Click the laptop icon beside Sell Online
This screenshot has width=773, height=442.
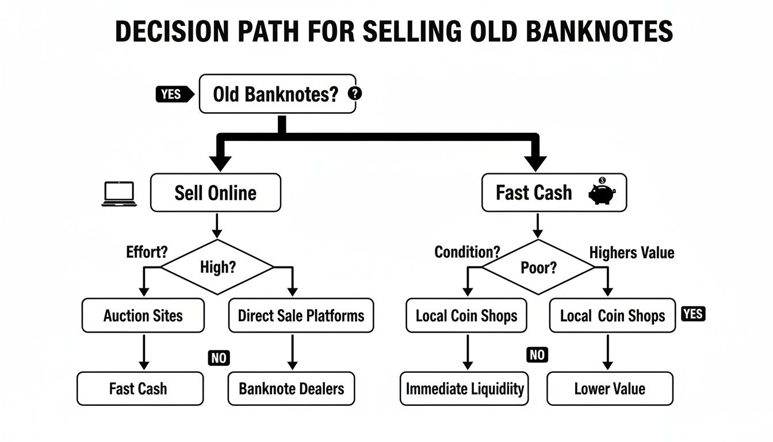click(x=119, y=194)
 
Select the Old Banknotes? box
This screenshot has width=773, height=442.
click(x=277, y=94)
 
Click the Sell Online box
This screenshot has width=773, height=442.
click(x=216, y=193)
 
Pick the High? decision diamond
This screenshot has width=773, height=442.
click(x=217, y=267)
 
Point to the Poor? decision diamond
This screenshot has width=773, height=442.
click(x=538, y=268)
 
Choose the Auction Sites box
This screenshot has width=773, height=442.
click(x=143, y=315)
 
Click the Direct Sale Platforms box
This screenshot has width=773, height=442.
click(x=301, y=315)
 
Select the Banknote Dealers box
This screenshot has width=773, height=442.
click(x=292, y=388)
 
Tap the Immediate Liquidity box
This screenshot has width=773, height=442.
click(x=464, y=388)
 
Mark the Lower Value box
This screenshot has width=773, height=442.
click(x=610, y=388)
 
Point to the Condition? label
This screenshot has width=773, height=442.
click(x=467, y=252)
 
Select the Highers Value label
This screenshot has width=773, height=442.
click(x=632, y=253)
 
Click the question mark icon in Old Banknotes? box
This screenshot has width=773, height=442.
click(x=355, y=93)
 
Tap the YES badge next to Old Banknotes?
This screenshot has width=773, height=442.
click(x=172, y=94)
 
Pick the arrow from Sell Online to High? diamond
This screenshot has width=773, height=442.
click(x=216, y=225)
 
